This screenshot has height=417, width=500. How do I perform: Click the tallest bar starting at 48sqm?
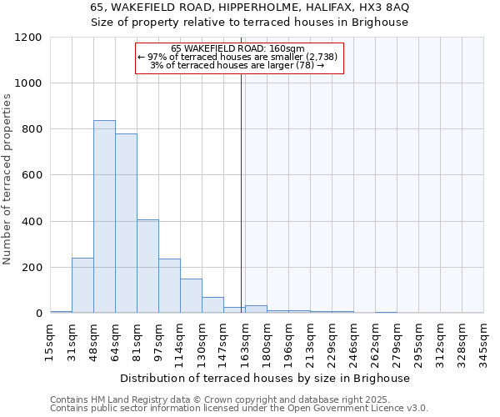104,217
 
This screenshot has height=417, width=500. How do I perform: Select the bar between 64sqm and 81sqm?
126,224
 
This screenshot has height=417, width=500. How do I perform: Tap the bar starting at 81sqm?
147,266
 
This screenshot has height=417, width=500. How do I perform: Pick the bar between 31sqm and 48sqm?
82,285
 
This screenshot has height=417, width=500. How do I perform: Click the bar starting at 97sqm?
169,286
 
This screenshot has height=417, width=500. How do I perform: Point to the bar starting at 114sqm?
191,296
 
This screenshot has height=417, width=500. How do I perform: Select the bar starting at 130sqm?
212,305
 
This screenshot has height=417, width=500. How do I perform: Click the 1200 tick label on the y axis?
29,38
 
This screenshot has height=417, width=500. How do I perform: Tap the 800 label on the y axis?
32,129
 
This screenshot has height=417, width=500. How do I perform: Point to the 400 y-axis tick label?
32,222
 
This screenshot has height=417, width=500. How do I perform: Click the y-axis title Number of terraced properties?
7,179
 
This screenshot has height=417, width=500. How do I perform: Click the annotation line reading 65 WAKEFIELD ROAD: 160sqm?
238,48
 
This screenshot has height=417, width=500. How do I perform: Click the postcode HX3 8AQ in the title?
380,8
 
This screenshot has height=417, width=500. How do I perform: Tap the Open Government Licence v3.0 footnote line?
239,408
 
